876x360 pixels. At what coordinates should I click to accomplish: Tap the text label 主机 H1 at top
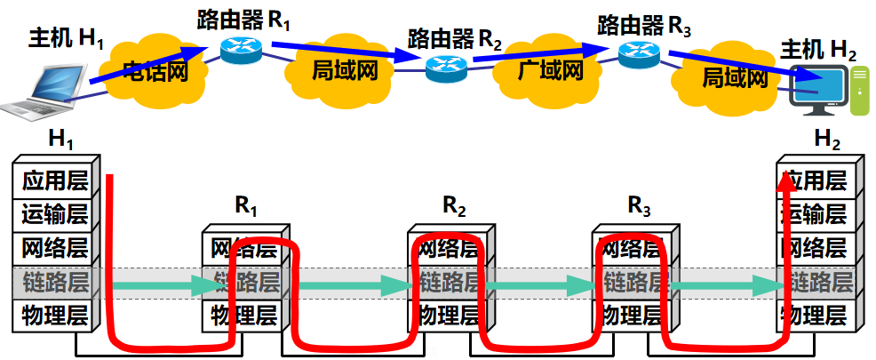tap(68, 38)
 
